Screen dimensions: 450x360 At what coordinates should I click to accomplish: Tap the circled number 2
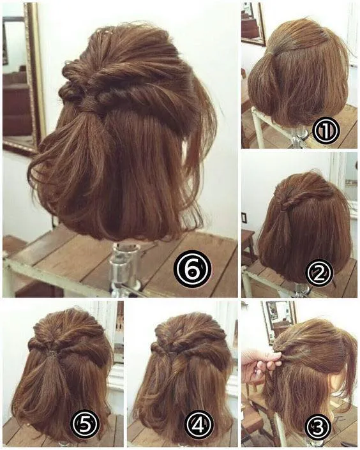click(320, 273)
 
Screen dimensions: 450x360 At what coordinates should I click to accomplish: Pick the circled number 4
click(198, 423)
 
